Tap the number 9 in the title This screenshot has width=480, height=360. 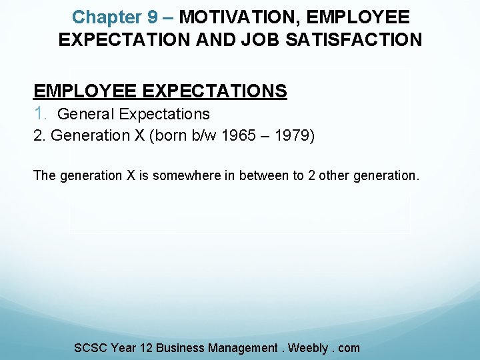click(x=153, y=17)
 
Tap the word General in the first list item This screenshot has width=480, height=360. click(x=86, y=114)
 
